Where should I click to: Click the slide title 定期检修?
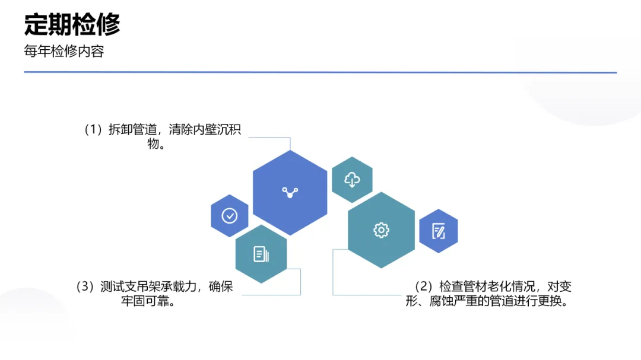point(72,25)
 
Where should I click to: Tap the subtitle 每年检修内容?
point(64,52)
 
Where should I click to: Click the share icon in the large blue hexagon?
point(290,192)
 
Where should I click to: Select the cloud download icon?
point(352,180)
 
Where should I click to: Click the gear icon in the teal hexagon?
point(381,230)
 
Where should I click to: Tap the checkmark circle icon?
point(230,215)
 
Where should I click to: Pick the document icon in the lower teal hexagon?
point(261,254)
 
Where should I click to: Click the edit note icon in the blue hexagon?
point(439,231)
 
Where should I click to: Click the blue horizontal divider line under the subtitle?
point(320,72)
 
